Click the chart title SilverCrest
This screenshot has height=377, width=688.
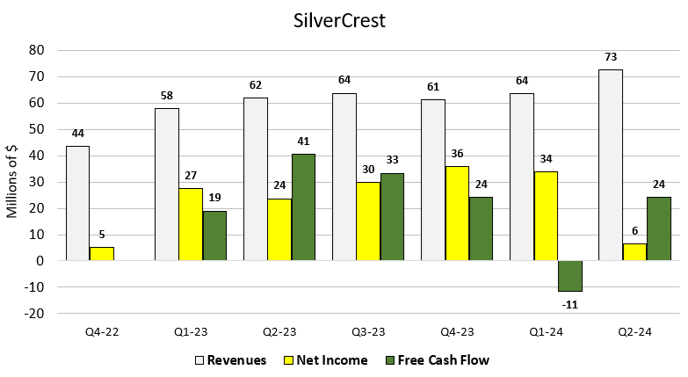pos(343,19)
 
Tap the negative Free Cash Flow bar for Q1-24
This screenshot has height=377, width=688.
pos(569,276)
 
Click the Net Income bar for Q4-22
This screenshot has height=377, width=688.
pos(102,254)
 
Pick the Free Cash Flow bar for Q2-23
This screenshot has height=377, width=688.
pos(303,207)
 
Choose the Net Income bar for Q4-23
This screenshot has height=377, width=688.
pos(456,214)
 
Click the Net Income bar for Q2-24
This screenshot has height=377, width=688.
pos(634,252)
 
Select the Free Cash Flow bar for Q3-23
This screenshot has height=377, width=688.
pos(392,217)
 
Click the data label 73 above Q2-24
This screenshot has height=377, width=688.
pos(611,57)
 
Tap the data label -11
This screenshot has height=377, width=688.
pos(569,305)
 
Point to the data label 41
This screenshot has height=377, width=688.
pos(303,141)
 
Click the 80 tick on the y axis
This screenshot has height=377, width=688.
pos(36,50)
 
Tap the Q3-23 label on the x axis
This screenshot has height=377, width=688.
pos(368,331)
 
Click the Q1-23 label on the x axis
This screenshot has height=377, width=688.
pos(191,331)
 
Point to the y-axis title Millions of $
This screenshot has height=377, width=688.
pos(12,182)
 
